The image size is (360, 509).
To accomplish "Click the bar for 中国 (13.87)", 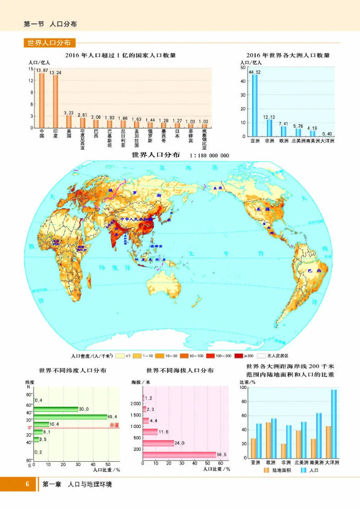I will (42, 100).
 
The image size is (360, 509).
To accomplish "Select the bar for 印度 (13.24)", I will (55, 102).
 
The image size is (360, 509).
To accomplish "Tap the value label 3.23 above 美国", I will (69, 113).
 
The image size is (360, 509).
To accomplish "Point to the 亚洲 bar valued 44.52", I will (255, 105).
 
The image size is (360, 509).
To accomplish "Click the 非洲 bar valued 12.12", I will (269, 128).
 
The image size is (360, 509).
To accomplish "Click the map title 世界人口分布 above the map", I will (155, 155).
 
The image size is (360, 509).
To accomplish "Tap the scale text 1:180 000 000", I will (210, 156).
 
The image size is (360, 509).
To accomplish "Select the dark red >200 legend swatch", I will (238, 356).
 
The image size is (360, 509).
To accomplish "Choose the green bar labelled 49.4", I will (70, 417).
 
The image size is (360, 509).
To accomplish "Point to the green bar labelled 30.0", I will (56, 409).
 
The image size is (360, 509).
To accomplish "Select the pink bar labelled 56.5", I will (179, 455).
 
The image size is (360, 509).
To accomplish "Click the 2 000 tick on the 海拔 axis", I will (135, 404).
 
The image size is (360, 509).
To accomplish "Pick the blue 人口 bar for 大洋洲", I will (333, 424).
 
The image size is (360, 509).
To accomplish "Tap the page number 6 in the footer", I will (27, 484).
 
